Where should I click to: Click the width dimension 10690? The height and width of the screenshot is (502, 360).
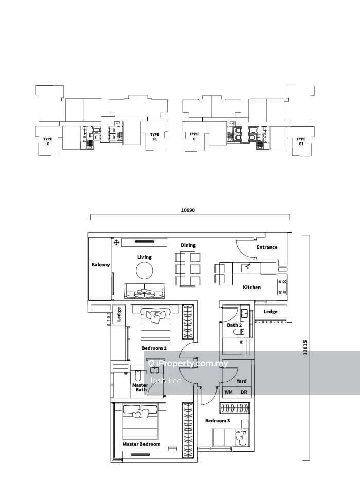click(188, 210)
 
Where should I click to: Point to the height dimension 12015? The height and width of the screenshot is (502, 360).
click(305, 347)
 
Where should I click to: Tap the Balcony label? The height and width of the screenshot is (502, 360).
click(100, 265)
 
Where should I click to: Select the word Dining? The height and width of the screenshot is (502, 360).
click(188, 245)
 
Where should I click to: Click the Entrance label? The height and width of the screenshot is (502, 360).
click(267, 247)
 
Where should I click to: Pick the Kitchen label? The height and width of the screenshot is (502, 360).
click(252, 287)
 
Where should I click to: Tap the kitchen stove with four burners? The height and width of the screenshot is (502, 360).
click(282, 287)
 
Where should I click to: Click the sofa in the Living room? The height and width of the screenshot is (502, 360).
click(145, 291)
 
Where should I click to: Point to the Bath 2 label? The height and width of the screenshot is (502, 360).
click(234, 325)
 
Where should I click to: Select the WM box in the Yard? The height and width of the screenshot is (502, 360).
click(229, 392)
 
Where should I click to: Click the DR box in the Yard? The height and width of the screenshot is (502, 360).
click(244, 392)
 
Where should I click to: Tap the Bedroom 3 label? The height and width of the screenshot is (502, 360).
click(218, 421)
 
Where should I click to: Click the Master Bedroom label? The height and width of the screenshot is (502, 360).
click(141, 444)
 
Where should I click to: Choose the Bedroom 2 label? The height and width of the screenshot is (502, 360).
click(154, 348)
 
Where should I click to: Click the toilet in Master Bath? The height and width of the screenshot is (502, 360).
click(138, 374)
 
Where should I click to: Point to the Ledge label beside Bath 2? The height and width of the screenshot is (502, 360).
click(271, 312)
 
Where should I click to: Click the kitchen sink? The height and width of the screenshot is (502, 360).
click(246, 267)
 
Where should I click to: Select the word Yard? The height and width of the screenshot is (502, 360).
click(241, 381)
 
